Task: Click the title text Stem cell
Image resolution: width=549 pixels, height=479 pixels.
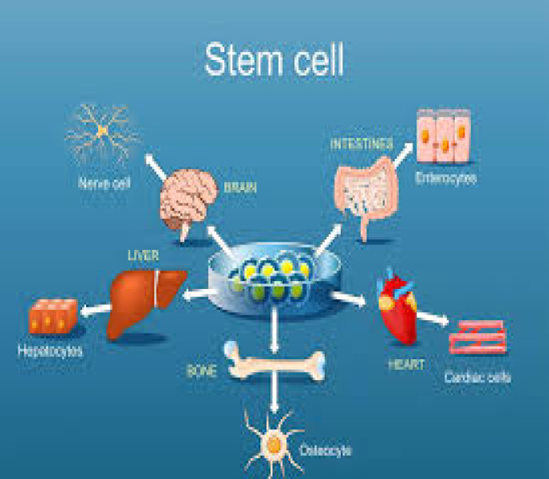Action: point(275,60)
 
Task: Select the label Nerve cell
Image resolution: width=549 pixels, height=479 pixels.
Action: point(105,183)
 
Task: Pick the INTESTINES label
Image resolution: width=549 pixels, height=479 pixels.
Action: point(361,144)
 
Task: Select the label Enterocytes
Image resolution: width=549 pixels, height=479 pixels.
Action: point(446,179)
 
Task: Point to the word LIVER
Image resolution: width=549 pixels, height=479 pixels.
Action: point(144,255)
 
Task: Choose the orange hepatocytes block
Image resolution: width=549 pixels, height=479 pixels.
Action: point(53,317)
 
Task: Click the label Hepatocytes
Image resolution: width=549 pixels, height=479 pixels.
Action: point(49,350)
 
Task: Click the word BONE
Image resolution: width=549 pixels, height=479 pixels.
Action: point(202,372)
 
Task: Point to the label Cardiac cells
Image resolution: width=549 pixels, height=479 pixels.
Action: point(478,376)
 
